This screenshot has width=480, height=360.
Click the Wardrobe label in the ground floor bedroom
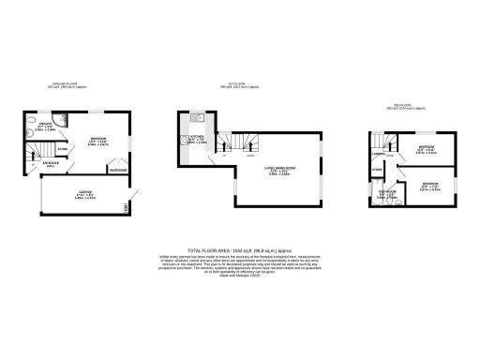(117, 171)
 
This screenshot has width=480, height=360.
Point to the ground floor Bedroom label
(98, 141)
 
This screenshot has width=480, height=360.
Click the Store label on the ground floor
(62, 149)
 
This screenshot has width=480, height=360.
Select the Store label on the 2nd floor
(376, 170)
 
